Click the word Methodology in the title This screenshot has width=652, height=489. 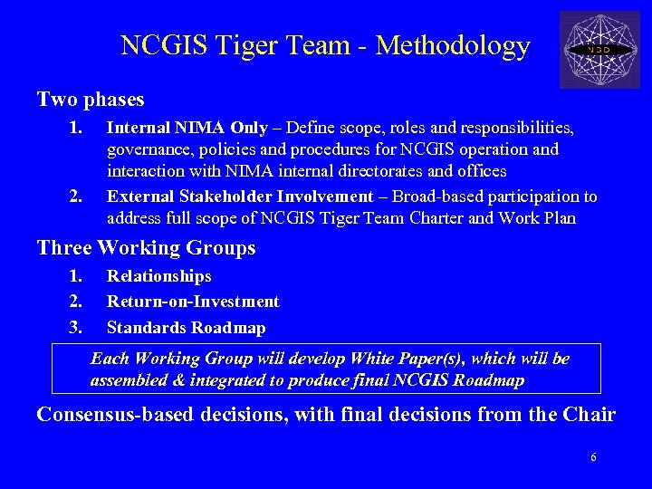452,46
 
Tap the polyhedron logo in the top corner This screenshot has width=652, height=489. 600,50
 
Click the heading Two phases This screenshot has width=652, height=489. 91,98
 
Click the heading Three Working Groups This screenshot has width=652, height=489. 146,247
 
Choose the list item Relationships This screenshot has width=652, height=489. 159,276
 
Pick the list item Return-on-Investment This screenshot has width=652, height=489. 193,302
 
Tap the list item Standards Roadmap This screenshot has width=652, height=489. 187,327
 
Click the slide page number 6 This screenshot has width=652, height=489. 593,457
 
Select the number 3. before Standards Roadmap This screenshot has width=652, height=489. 76,327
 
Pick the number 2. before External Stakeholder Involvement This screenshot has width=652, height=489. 76,197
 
